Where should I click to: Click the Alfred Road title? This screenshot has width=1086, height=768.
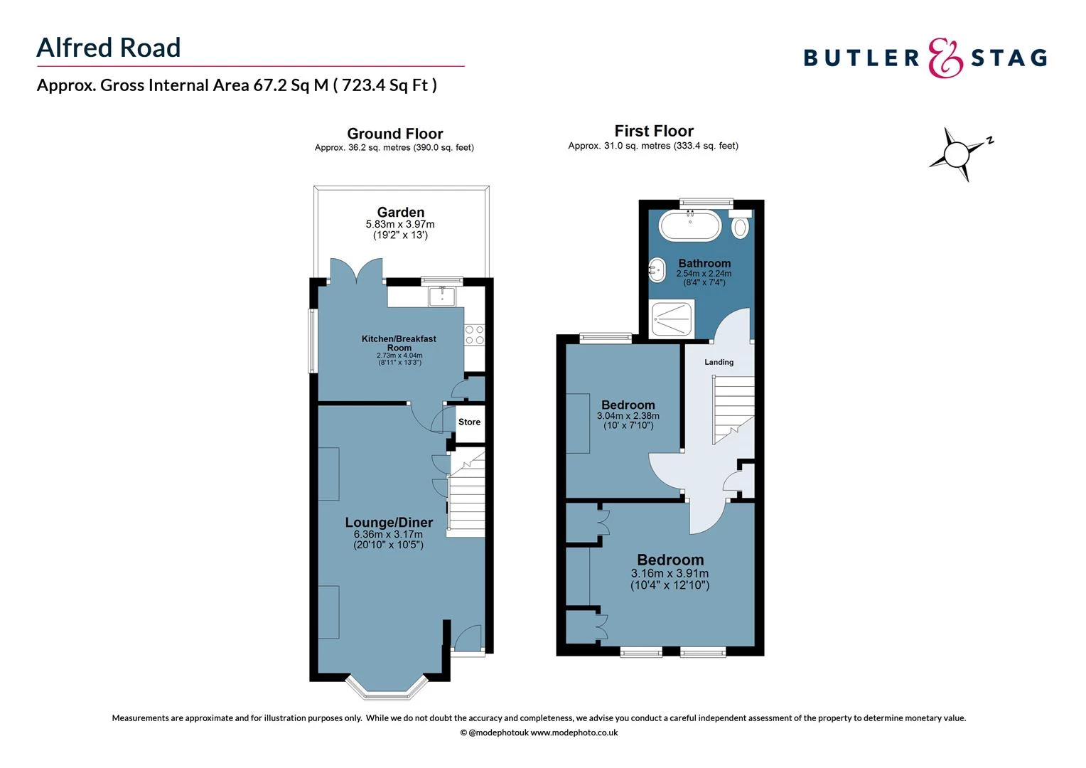pyautogui.click(x=109, y=48)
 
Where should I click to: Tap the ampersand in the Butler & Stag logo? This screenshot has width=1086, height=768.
pyautogui.click(x=946, y=58)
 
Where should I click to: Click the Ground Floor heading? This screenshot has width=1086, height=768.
pyautogui.click(x=394, y=134)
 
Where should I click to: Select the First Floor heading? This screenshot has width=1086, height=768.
pyautogui.click(x=654, y=131)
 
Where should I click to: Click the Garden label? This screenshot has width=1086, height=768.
pyautogui.click(x=401, y=212)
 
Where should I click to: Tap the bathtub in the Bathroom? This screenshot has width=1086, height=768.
pyautogui.click(x=690, y=225)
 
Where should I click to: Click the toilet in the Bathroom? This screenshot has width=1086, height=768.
pyautogui.click(x=741, y=225)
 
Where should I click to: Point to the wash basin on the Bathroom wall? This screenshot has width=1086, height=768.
pyautogui.click(x=657, y=270)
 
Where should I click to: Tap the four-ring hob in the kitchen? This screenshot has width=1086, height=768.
pyautogui.click(x=474, y=336)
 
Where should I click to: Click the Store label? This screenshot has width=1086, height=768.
pyautogui.click(x=469, y=422)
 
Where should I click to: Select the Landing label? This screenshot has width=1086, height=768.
pyautogui.click(x=719, y=362)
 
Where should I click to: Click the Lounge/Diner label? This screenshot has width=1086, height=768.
pyautogui.click(x=389, y=523)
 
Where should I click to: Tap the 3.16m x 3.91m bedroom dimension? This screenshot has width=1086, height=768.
pyautogui.click(x=670, y=573)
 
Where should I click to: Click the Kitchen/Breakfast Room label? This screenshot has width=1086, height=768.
pyautogui.click(x=399, y=343)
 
